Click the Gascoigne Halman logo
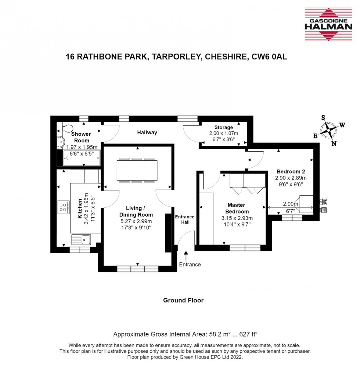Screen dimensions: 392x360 pos(328,24)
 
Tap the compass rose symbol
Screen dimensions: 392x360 pos(329,130)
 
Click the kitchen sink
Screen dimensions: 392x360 pos(82,239)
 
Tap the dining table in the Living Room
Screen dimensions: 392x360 pos(137,170)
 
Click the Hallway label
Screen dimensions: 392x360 pos(147,133)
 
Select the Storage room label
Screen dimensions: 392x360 pos(223,127)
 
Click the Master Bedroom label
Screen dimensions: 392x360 pos(236,208)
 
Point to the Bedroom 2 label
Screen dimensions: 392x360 pos(291,171)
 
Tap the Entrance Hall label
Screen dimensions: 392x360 pos(184,219)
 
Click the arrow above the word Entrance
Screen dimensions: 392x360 pos(186,255)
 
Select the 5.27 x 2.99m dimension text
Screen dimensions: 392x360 pos(136,221)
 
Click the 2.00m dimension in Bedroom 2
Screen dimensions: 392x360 pos(291,204)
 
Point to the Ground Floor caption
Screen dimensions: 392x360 pos(183,300)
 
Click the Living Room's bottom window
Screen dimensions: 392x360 pos(138,269)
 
